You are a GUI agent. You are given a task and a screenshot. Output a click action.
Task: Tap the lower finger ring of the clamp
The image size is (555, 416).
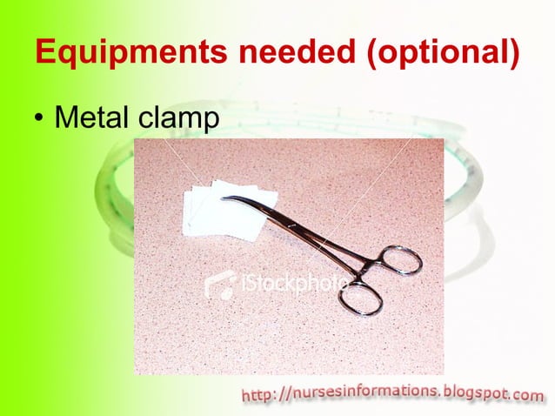coord(359,298)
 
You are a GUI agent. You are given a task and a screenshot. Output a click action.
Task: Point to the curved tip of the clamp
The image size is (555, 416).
coord(228,200)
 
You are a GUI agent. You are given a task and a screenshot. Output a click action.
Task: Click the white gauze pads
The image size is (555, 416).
coord(209,209)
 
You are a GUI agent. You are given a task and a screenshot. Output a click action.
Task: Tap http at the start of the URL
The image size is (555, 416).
coord(260,398)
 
